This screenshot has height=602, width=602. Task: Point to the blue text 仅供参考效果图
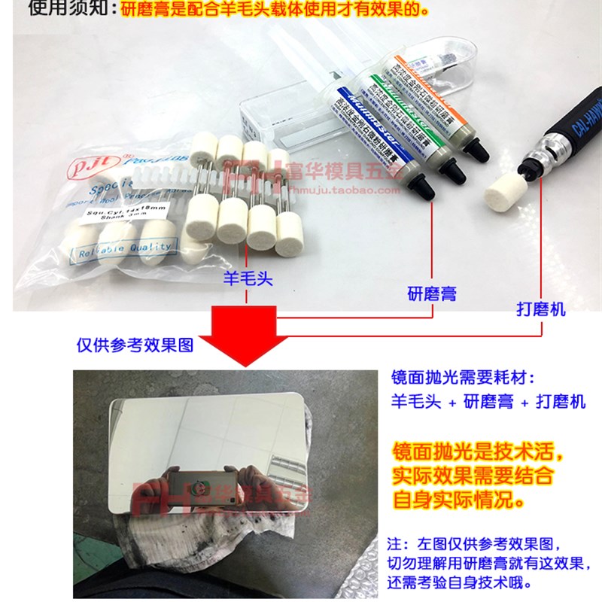coord(135,345)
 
